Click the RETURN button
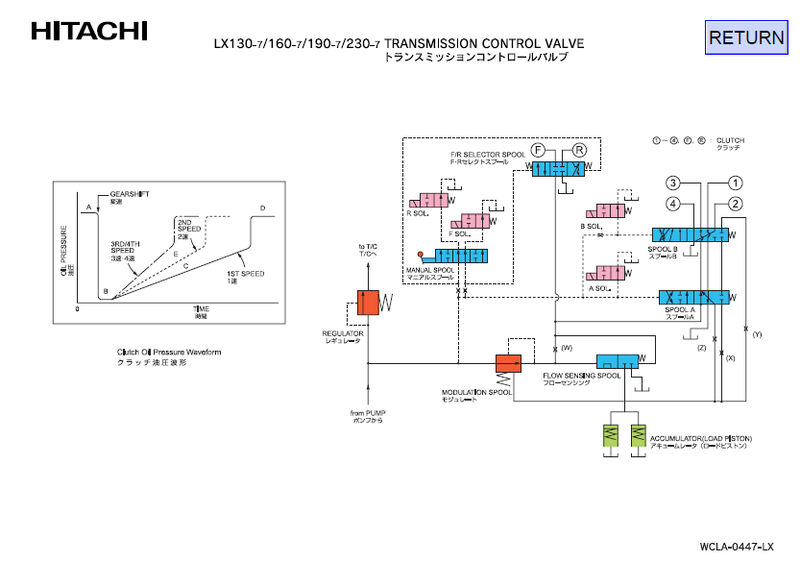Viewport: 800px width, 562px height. click(x=746, y=37)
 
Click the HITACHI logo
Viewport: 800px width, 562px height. click(x=89, y=31)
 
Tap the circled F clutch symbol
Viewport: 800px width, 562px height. click(x=539, y=150)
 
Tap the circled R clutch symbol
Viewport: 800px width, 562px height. click(x=580, y=150)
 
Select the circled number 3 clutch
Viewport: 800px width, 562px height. click(x=674, y=183)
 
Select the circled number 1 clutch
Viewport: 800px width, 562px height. click(x=735, y=183)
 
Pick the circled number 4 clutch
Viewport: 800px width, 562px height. click(x=674, y=204)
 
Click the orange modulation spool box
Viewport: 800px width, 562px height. click(x=507, y=363)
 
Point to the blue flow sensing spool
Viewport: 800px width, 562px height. click(x=616, y=361)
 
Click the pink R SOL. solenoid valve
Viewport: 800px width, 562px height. click(x=428, y=202)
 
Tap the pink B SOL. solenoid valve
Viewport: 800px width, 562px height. click(x=608, y=212)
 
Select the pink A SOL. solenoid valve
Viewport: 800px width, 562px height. click(x=609, y=273)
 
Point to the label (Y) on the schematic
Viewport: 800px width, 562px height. click(x=757, y=334)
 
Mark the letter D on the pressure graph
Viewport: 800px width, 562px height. click(x=262, y=208)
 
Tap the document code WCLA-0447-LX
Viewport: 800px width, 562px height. click(x=737, y=547)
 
